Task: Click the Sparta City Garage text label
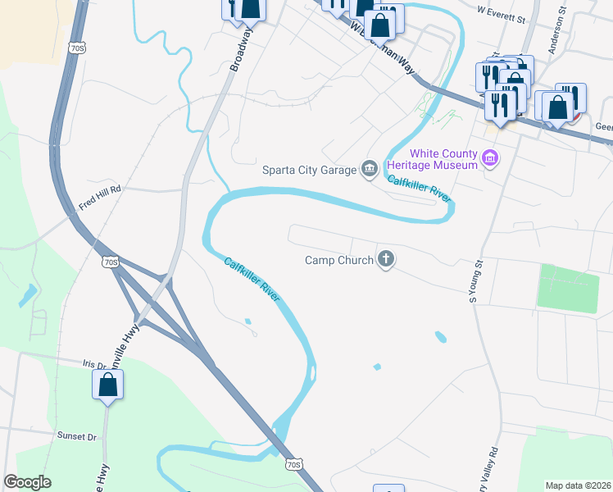tap(308, 171)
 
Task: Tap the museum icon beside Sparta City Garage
tap(370, 170)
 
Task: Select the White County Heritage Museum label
tap(443, 159)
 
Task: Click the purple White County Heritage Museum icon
tap(491, 158)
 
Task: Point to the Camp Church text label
tap(338, 261)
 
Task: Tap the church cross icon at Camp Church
tap(386, 261)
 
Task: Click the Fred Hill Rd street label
tap(100, 188)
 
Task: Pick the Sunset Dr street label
tap(77, 435)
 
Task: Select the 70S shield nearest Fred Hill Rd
tap(112, 262)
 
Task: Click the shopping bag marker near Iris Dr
tap(108, 385)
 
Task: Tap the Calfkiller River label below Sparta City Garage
tap(420, 189)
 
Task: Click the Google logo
tap(28, 482)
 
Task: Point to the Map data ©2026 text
tap(578, 485)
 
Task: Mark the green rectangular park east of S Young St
tap(568, 288)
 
